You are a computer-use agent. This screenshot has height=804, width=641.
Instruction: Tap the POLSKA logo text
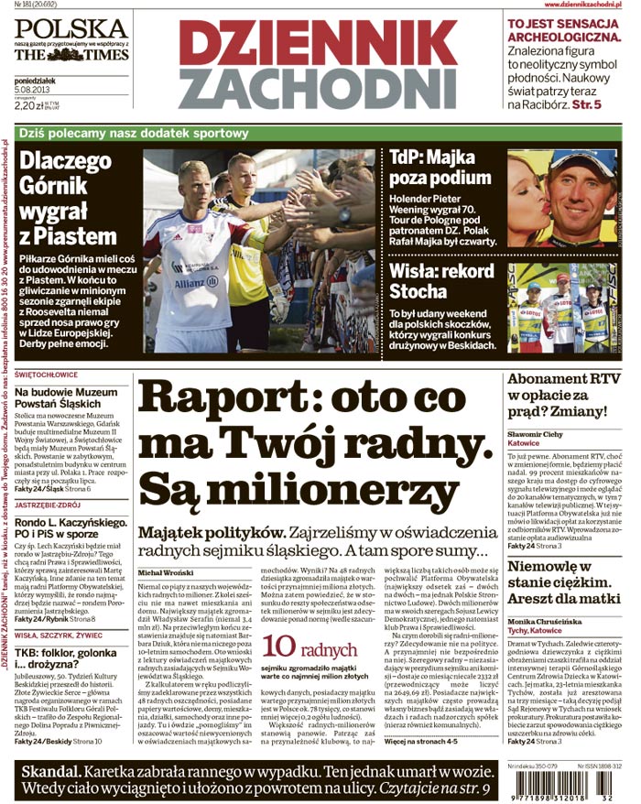tap(70, 27)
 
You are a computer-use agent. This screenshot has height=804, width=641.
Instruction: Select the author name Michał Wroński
tap(168, 571)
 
